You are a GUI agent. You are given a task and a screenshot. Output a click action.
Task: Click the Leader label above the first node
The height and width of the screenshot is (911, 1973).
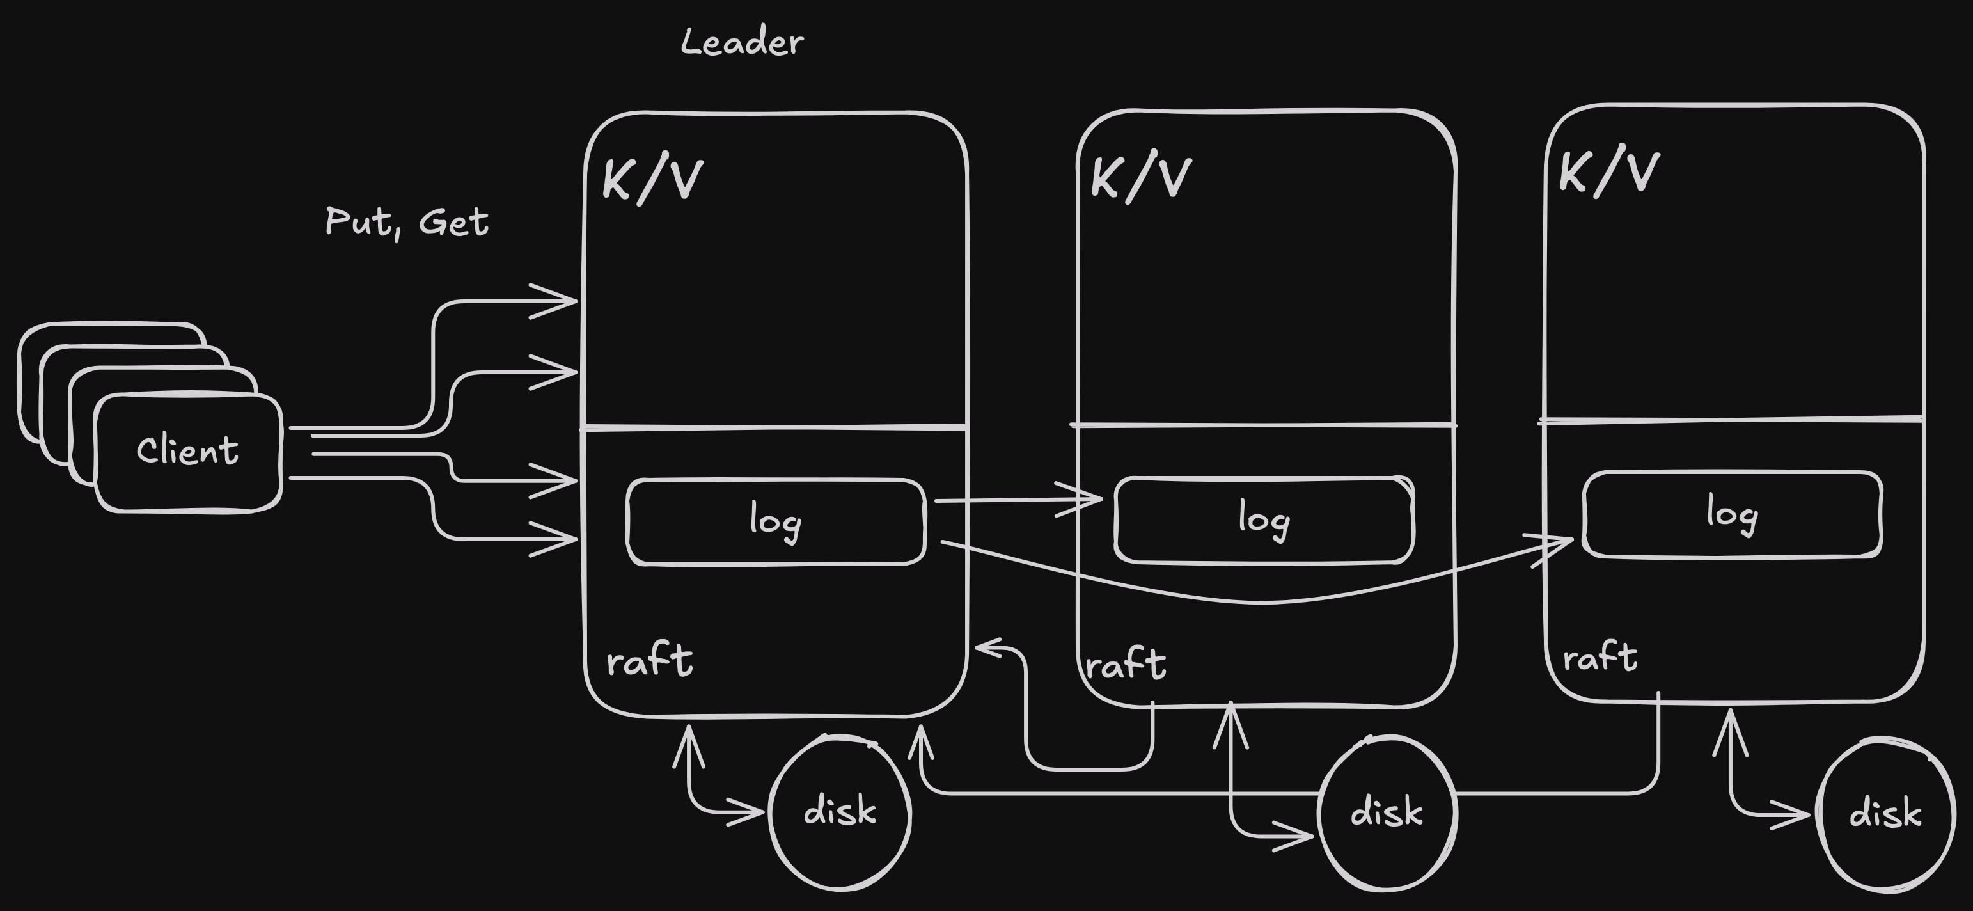742,42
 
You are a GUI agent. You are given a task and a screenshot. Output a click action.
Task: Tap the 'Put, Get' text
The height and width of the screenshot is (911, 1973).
407,222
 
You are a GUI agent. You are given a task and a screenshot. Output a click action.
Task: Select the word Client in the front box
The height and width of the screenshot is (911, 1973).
187,450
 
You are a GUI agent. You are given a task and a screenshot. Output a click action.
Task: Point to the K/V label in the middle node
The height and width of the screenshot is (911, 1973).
1140,178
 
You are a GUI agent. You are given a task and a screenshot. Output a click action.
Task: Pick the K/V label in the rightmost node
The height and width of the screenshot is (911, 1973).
1609,173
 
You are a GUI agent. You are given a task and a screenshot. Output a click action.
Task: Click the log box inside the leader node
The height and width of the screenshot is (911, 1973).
776,522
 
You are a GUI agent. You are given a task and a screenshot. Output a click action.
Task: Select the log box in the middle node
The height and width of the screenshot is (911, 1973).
1264,520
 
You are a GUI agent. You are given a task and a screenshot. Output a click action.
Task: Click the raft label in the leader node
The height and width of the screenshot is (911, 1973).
650,660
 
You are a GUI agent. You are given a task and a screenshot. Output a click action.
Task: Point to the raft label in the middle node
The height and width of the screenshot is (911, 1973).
1126,663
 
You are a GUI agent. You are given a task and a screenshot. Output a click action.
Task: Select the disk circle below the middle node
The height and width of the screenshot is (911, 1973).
1387,812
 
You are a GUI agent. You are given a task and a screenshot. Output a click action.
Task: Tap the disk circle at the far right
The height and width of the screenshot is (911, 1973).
1885,814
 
